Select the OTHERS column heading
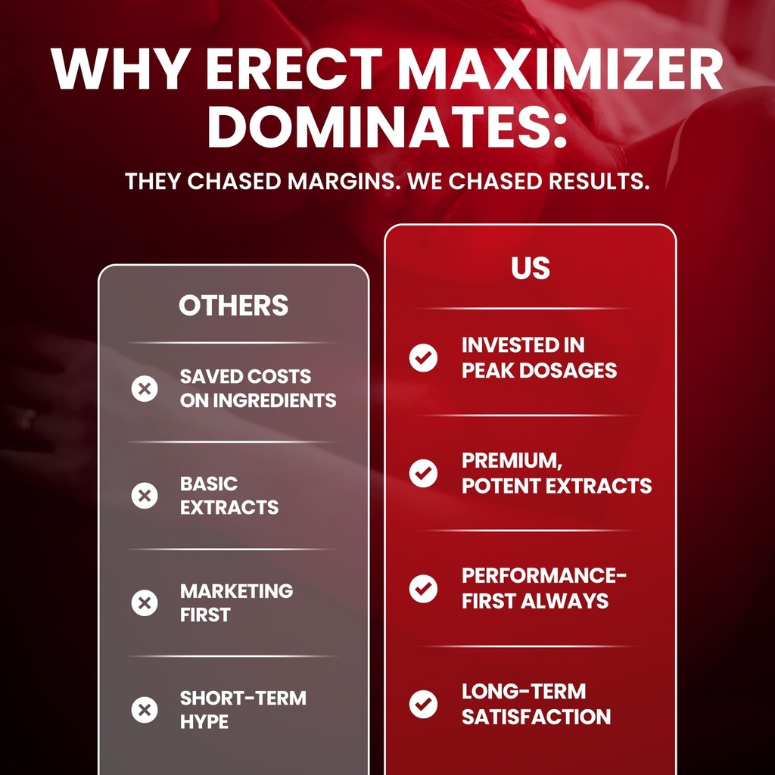(233, 305)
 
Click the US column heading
(530, 269)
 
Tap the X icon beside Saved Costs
(145, 389)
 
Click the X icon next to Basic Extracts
(145, 496)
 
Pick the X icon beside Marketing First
(145, 603)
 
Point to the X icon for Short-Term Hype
(145, 710)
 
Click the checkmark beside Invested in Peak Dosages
(423, 358)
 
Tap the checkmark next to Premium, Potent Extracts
(423, 473)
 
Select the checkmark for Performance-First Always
(423, 588)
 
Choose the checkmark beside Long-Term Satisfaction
(423, 704)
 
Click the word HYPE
(204, 722)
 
